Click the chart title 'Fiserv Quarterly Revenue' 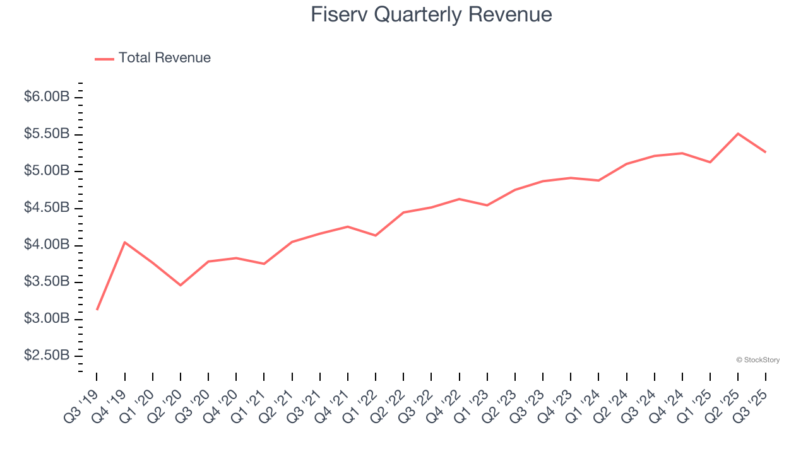pyautogui.click(x=431, y=15)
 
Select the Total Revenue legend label pyautogui.click(x=164, y=58)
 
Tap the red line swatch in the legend pyautogui.click(x=104, y=59)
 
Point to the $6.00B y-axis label pyautogui.click(x=46, y=97)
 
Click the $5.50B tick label pyautogui.click(x=46, y=134)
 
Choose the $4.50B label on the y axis pyautogui.click(x=46, y=208)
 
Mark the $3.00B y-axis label pyautogui.click(x=46, y=319)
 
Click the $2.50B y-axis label pyautogui.click(x=46, y=356)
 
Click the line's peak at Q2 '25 pyautogui.click(x=738, y=134)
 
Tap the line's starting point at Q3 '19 pyautogui.click(x=97, y=309)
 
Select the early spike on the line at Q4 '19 pyautogui.click(x=125, y=242)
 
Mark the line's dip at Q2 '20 pyautogui.click(x=181, y=285)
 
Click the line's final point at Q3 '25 pyautogui.click(x=766, y=152)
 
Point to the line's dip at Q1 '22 pyautogui.click(x=376, y=235)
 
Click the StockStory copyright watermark pyautogui.click(x=757, y=360)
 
